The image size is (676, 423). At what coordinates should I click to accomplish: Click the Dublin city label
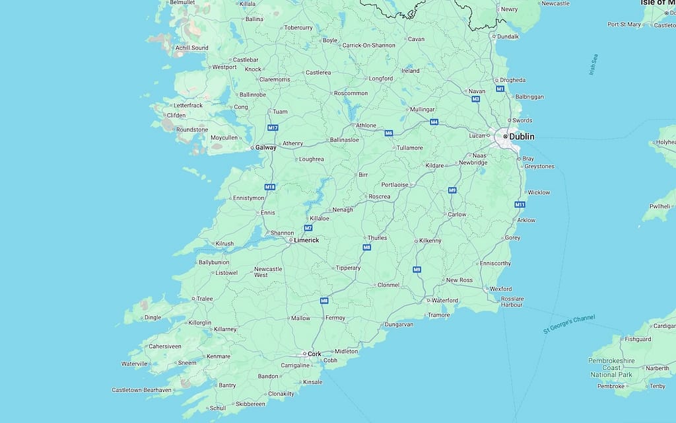point(522,136)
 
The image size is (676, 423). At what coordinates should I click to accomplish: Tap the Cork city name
point(314,354)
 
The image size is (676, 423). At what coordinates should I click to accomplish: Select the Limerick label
point(306,240)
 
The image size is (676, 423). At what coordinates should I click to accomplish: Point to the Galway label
point(266,147)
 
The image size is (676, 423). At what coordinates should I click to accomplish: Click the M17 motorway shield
point(273,128)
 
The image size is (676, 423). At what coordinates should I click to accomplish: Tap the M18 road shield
point(269,187)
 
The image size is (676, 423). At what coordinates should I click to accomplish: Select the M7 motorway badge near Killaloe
point(308,228)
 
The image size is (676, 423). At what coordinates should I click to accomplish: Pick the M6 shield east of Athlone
point(389,133)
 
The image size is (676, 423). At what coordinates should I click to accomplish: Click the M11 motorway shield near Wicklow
point(520,204)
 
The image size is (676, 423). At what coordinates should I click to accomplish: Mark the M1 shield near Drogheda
point(500,89)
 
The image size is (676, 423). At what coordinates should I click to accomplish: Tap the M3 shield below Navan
point(475,99)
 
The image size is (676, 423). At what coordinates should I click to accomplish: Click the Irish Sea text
point(593,65)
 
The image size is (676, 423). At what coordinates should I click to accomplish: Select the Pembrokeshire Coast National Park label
point(611,367)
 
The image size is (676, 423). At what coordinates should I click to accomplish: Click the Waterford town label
point(444,300)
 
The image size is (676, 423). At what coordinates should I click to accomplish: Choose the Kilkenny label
point(430,241)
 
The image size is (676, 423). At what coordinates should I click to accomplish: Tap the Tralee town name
point(205,298)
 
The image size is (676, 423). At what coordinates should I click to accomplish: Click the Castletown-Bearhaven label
point(141,390)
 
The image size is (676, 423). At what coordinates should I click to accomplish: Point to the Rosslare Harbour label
point(512,302)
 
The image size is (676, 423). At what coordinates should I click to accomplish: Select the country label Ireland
point(410,71)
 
